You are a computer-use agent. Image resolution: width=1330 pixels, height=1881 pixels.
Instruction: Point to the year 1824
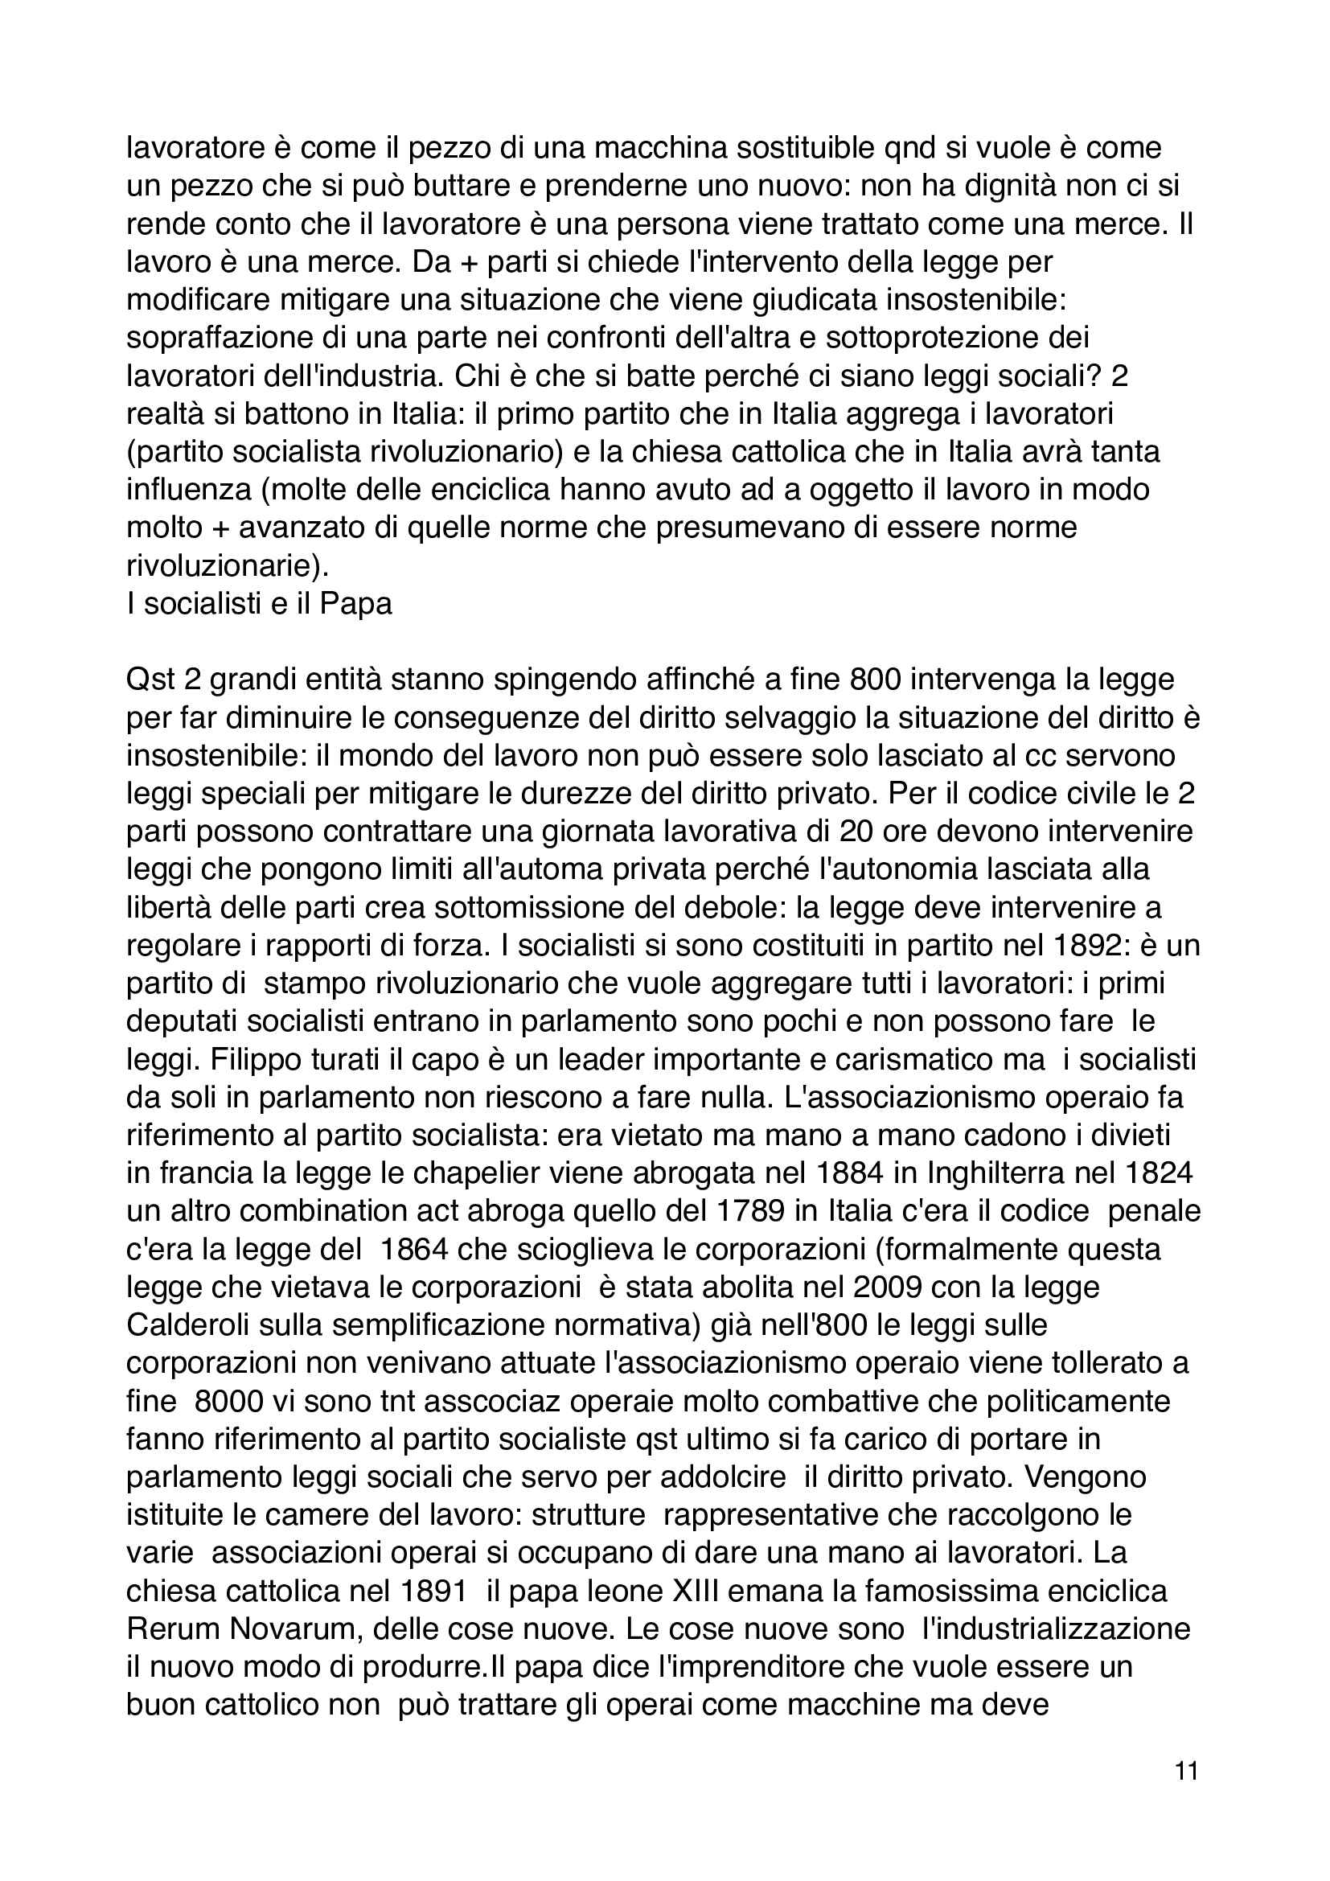click(1153, 1174)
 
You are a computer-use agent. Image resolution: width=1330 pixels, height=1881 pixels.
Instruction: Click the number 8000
click(229, 1401)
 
